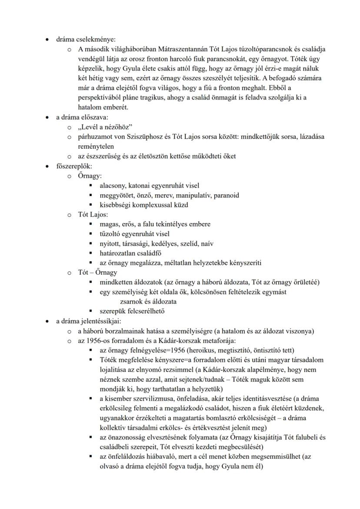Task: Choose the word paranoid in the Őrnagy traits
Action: point(225,195)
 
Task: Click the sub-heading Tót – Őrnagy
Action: point(97,273)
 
